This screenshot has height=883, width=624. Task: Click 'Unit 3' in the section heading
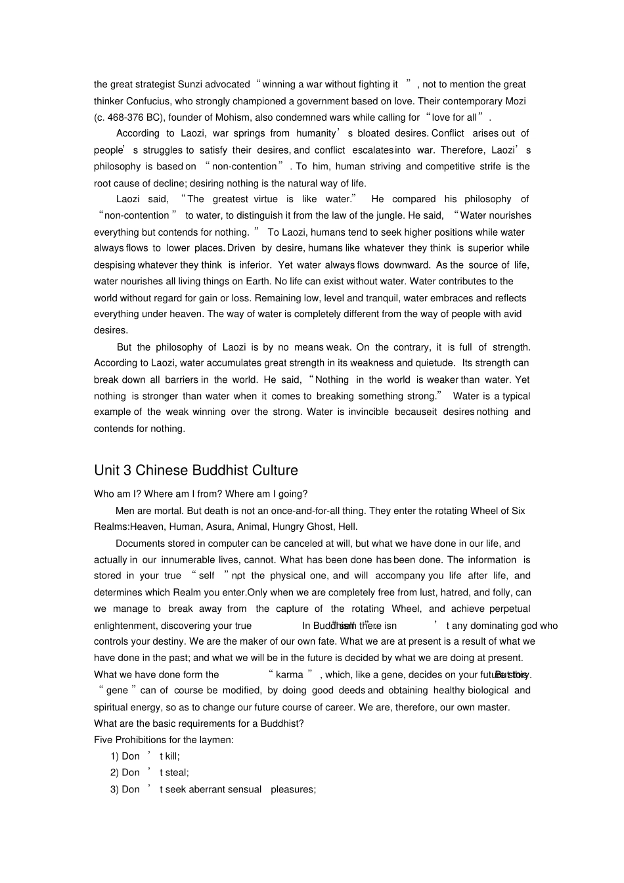tap(112, 471)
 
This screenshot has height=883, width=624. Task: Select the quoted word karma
tap(289, 675)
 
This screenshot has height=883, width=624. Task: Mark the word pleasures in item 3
tap(293, 790)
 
